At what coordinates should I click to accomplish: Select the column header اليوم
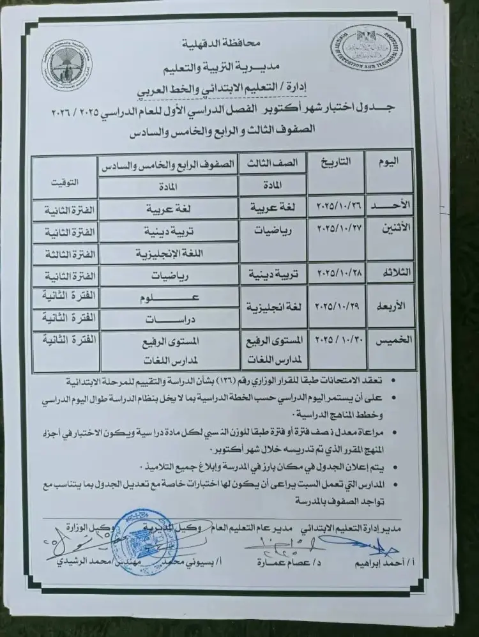tap(390, 162)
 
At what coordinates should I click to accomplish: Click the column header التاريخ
tap(337, 162)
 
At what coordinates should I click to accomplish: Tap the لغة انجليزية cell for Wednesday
tap(271, 307)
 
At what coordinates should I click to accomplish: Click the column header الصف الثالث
tap(271, 163)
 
